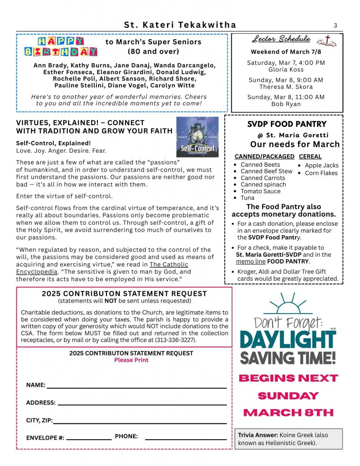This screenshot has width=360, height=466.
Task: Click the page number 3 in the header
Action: point(335,25)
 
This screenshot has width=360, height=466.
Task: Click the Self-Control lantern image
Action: point(194,137)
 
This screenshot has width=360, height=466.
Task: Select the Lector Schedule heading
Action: point(281,39)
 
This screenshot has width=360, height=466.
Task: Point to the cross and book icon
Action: point(328,41)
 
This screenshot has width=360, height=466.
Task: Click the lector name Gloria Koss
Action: point(285,70)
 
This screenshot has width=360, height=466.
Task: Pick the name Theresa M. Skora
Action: point(286,87)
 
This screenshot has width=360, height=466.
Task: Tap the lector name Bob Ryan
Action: point(286,104)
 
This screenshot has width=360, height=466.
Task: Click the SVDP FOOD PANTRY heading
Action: point(287,124)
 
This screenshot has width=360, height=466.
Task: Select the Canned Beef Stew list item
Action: point(266,171)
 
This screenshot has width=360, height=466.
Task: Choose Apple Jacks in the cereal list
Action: point(321,166)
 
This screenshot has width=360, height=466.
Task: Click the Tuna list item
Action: point(248,198)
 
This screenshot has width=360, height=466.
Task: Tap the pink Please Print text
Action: point(131,360)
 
